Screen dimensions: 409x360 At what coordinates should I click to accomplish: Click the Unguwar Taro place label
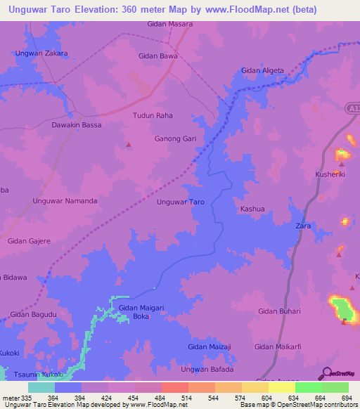pyautogui.click(x=181, y=202)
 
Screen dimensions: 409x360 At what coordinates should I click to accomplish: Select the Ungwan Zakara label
pyautogui.click(x=41, y=53)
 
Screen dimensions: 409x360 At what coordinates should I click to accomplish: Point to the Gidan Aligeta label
pyautogui.click(x=262, y=71)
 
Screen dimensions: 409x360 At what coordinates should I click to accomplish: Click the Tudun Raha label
pyautogui.click(x=153, y=115)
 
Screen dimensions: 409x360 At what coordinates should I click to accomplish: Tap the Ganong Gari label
pyautogui.click(x=175, y=139)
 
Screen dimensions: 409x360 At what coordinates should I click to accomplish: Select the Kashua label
pyautogui.click(x=252, y=209)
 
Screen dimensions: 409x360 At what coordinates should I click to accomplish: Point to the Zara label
pyautogui.click(x=303, y=226)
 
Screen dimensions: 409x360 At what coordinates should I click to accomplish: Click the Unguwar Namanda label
pyautogui.click(x=65, y=201)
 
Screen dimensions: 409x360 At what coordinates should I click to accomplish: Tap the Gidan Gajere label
pyautogui.click(x=29, y=241)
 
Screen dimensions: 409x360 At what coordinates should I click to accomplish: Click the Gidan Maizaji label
pyautogui.click(x=210, y=346)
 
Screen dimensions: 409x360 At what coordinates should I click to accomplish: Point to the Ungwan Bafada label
pyautogui.click(x=207, y=369)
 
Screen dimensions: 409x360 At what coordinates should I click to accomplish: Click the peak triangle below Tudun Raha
pyautogui.click(x=128, y=145)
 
